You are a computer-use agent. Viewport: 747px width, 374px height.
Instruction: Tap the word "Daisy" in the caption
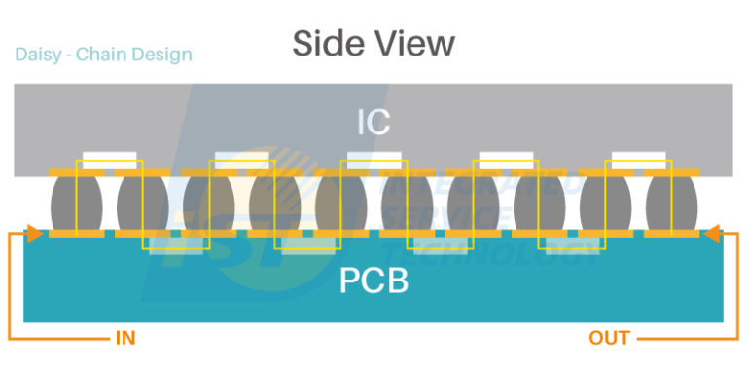pos(39,55)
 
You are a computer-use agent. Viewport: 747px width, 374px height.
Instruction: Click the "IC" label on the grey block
pos(373,122)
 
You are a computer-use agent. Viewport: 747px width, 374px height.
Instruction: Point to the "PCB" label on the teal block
pos(373,282)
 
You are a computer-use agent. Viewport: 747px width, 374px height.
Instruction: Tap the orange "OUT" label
pos(609,339)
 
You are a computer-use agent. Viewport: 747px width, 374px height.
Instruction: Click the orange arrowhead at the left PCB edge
pos(33,234)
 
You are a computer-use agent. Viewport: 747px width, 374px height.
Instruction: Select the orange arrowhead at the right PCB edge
pos(712,234)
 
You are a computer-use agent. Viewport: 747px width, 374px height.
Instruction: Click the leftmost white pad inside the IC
pos(110,156)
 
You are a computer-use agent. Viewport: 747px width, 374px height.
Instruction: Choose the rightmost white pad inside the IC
pos(637,156)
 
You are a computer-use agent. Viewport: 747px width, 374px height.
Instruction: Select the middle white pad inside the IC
pos(374,156)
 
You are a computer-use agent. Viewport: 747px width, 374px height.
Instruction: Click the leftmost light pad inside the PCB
pos(175,243)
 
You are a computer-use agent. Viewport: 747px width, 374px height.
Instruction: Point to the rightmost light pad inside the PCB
pos(572,243)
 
